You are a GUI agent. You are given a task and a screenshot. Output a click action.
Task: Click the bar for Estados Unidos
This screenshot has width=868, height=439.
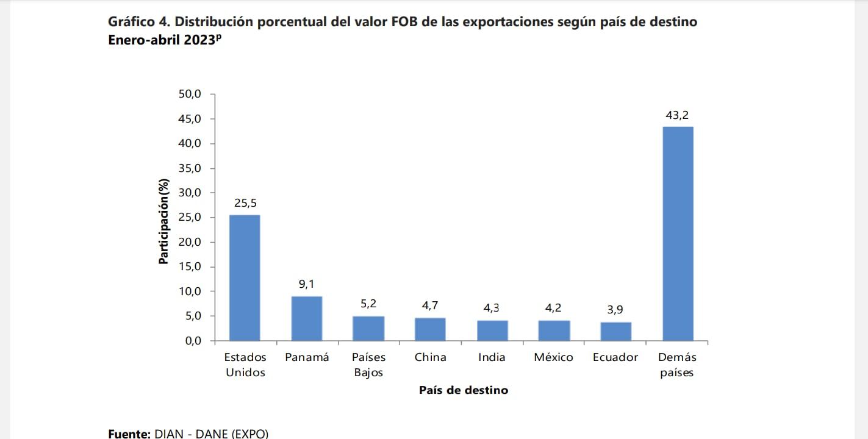coord(245,277)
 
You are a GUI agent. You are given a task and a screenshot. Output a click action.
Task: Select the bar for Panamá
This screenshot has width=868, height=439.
coord(307,318)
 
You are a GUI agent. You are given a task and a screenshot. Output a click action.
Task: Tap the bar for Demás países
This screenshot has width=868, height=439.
coord(678,234)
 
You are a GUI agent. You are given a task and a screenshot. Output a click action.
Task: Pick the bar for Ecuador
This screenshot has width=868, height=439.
coord(615,331)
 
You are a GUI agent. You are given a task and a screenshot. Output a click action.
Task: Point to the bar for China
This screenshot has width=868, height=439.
coord(430,329)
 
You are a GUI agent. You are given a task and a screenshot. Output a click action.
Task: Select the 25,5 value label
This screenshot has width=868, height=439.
coord(245,203)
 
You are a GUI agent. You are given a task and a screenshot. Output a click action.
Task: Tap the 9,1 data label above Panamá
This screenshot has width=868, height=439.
coord(307,284)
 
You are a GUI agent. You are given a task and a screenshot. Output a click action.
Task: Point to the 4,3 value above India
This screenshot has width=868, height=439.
coord(492,309)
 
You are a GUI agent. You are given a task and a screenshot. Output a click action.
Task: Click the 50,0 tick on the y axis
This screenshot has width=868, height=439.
coord(189,95)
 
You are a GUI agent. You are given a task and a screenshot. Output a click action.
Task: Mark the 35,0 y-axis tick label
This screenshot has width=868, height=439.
coord(189,168)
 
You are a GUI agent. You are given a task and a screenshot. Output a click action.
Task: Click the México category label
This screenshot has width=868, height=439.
coord(553,358)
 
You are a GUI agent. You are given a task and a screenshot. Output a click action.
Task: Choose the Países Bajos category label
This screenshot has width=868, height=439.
coord(368,365)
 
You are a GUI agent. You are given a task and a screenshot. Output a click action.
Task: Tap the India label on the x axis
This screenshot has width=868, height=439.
coord(492,358)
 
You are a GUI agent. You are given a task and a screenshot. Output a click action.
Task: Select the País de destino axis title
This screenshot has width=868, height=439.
coord(463,390)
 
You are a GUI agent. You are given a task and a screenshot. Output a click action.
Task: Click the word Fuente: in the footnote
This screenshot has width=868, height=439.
coord(129,434)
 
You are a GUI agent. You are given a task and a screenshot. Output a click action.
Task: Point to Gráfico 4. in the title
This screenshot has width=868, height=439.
coord(140,23)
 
